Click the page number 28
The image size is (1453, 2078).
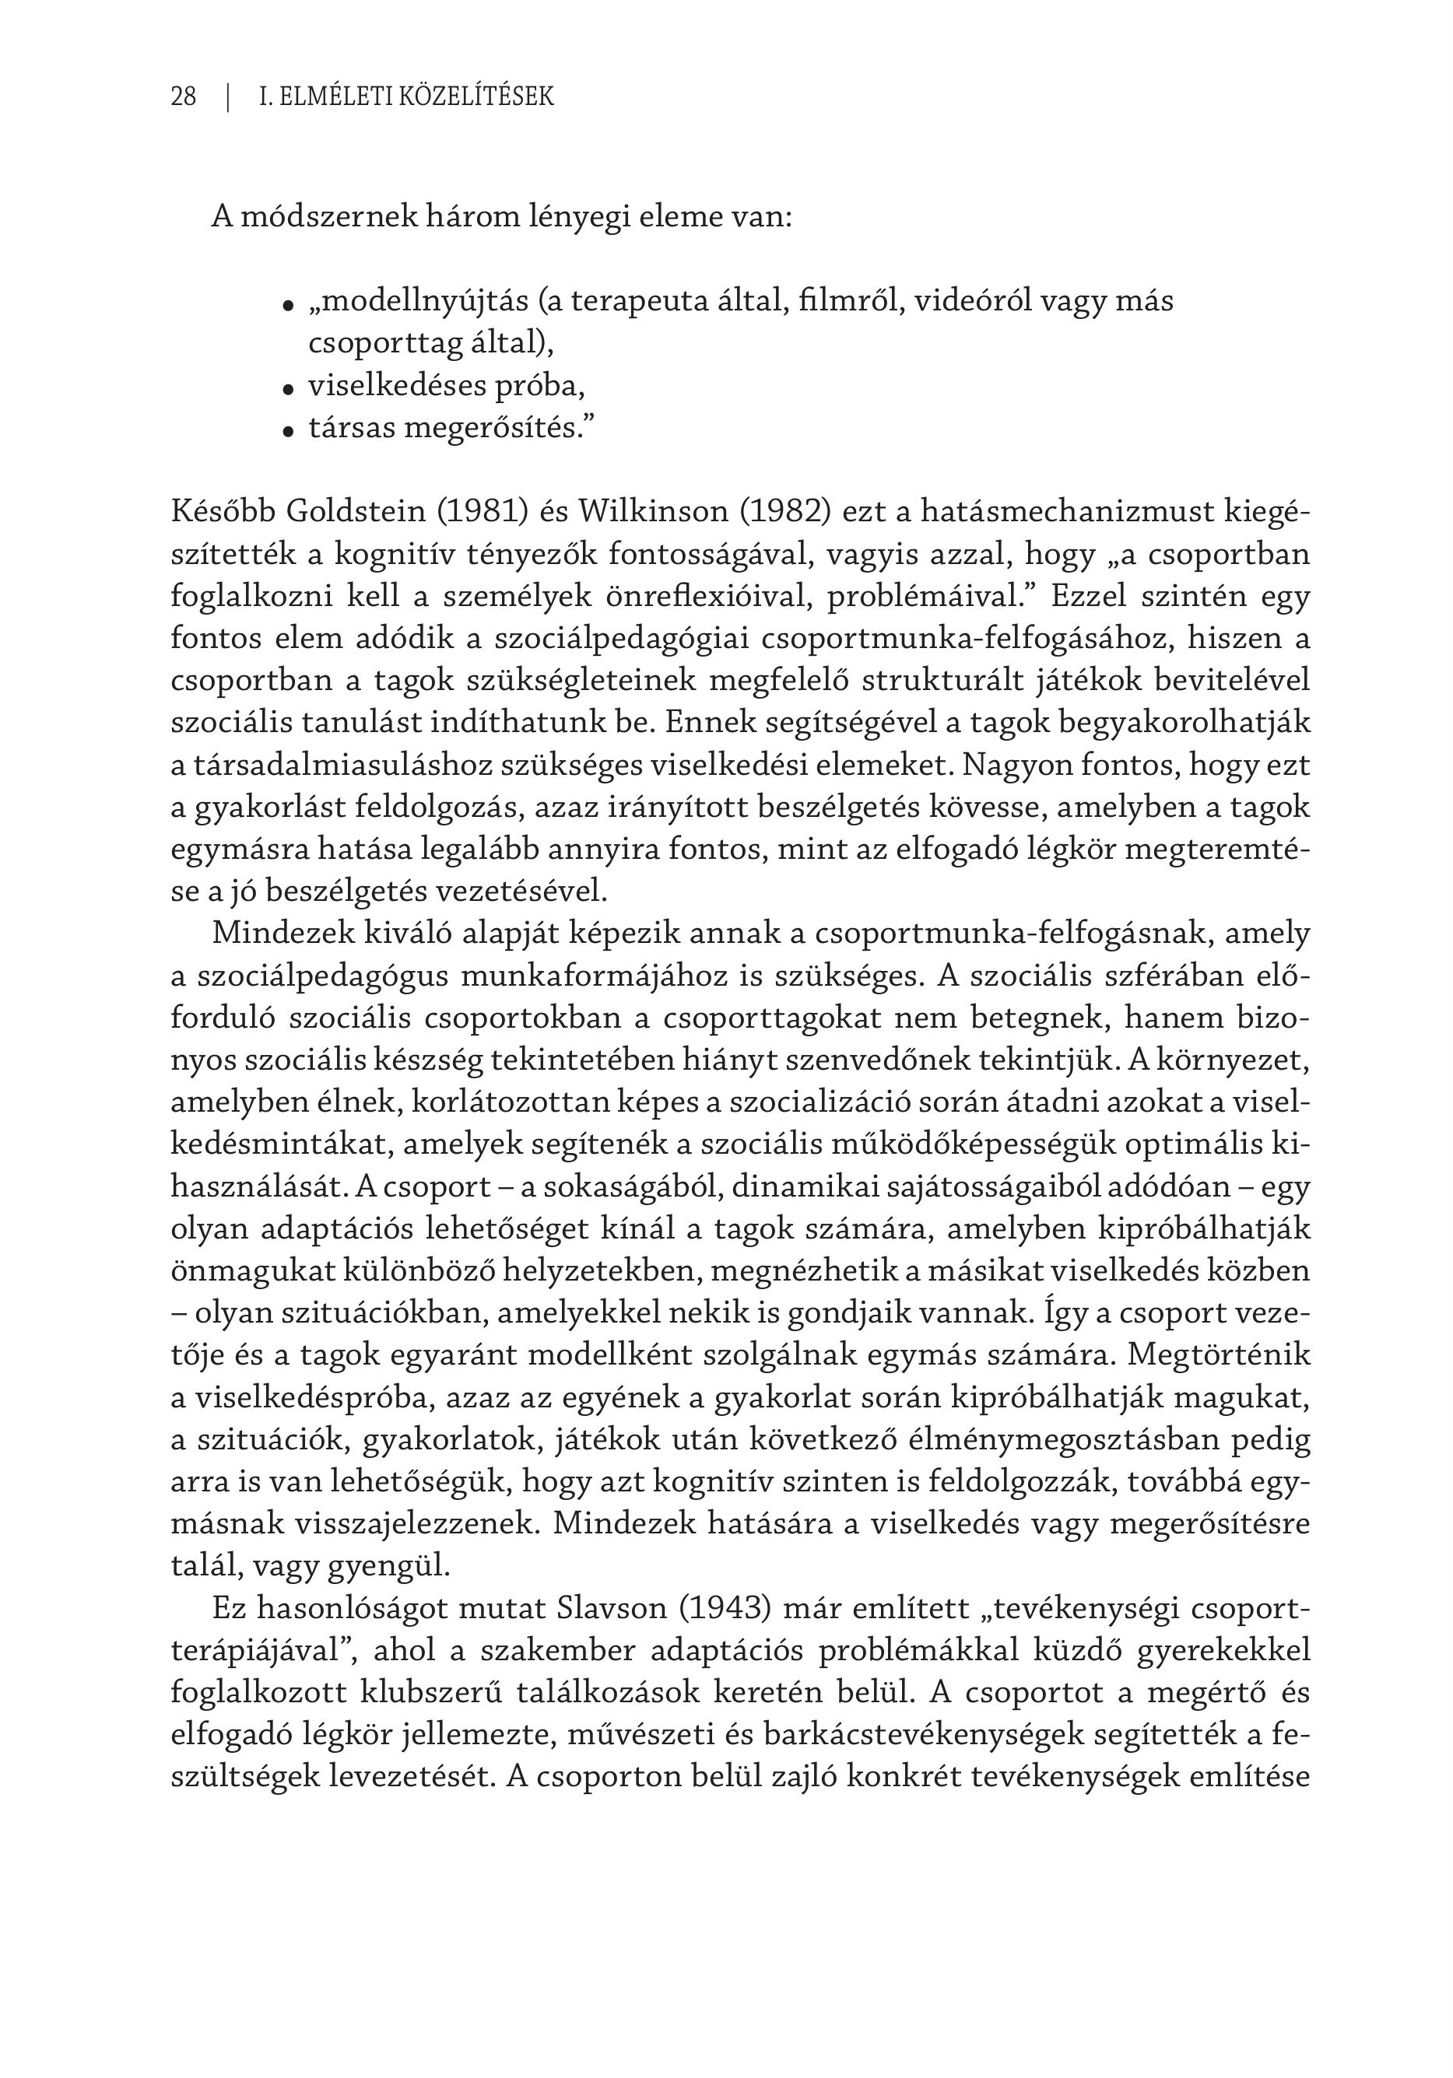[183, 96]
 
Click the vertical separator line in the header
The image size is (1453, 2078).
[228, 96]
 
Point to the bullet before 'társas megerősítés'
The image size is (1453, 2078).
[289, 432]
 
